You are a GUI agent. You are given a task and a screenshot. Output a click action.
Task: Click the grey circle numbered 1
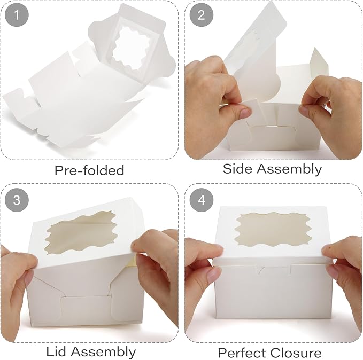click(x=17, y=15)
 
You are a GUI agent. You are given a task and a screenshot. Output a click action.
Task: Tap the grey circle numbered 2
click(x=201, y=15)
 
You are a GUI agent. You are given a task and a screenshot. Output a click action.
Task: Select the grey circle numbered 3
click(x=17, y=199)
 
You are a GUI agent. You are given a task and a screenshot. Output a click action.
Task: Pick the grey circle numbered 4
click(x=201, y=199)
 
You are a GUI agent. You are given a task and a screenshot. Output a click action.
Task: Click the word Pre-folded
click(x=89, y=170)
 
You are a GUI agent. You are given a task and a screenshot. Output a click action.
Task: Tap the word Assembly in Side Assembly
click(x=289, y=169)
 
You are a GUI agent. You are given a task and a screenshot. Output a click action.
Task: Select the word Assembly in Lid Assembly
click(x=103, y=353)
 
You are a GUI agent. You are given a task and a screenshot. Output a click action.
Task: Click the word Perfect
click(x=242, y=353)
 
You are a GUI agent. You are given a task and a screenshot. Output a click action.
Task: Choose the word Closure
click(x=296, y=353)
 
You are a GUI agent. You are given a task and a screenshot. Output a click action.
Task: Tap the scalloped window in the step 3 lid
click(x=81, y=232)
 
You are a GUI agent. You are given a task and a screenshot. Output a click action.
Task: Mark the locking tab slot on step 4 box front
click(x=273, y=270)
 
